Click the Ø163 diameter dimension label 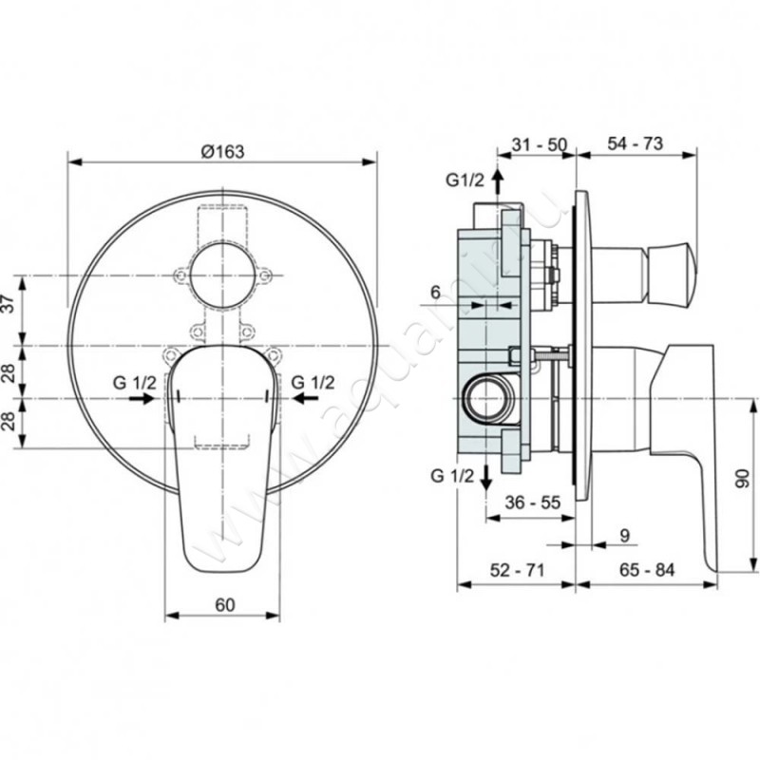coord(223,151)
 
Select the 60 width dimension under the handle coord(225,604)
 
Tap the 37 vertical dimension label coord(9,305)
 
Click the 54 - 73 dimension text coord(635,143)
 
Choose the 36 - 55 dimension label coord(532,503)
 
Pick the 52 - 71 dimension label coord(517,570)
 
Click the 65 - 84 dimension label coord(647,570)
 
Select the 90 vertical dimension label coord(742,478)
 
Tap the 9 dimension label coord(625,536)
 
